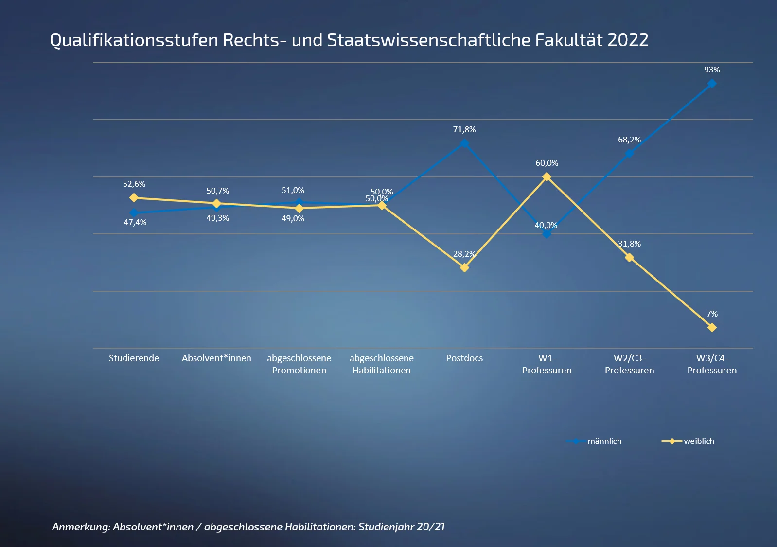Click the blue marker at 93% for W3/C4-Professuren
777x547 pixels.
click(x=712, y=84)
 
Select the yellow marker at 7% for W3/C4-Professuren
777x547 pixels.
click(x=712, y=328)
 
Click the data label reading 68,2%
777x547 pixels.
click(x=629, y=140)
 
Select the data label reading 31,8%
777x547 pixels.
click(x=629, y=244)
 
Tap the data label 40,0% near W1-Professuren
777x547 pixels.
click(x=546, y=226)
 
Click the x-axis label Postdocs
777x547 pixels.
click(x=464, y=358)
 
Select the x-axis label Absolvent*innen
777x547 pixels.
click(x=216, y=358)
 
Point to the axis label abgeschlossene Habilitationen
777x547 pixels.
click(x=382, y=364)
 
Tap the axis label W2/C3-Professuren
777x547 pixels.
click(x=629, y=364)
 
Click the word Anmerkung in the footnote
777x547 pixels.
click(x=80, y=527)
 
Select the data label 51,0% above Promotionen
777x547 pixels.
click(x=293, y=191)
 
